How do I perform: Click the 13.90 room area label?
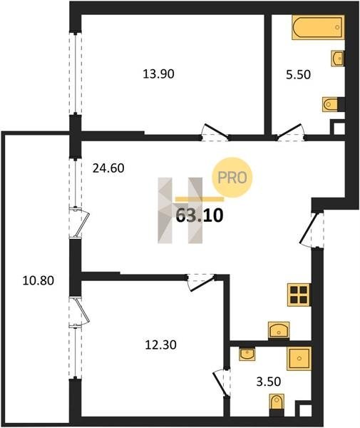(x=158, y=74)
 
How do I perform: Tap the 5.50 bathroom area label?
(x=298, y=74)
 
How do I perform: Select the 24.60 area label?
(x=108, y=168)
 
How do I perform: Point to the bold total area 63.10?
(x=200, y=215)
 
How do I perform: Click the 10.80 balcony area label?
(x=38, y=280)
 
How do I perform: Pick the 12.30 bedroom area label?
(x=160, y=345)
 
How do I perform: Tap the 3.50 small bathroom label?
(x=269, y=382)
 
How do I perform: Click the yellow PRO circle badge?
(x=232, y=178)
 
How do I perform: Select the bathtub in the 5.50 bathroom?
(x=318, y=27)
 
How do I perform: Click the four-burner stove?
(x=299, y=295)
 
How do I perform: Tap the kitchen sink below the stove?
(x=279, y=330)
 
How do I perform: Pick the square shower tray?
(x=299, y=358)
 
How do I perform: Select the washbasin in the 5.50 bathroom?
(x=337, y=58)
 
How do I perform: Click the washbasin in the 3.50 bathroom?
(x=247, y=355)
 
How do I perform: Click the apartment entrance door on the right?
(x=312, y=229)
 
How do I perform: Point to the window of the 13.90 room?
(x=76, y=73)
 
